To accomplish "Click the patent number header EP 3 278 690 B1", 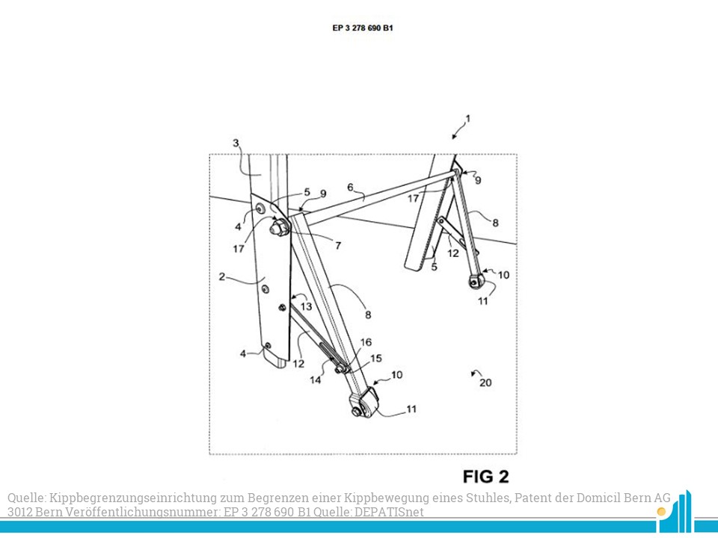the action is click(363, 28).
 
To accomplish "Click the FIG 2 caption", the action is click(486, 477).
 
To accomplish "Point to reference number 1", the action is click(468, 119).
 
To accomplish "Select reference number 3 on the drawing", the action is click(236, 143).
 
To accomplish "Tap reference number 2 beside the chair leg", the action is click(222, 276).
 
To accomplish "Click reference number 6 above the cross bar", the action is click(350, 188).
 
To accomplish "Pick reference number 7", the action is click(338, 246).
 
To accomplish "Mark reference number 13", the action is click(307, 306).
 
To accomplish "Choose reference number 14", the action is click(316, 380).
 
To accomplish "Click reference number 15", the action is click(376, 358).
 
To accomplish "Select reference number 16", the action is click(366, 342).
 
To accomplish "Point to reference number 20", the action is click(485, 383).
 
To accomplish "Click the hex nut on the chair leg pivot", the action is click(279, 226).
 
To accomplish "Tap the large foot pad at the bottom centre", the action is click(364, 402).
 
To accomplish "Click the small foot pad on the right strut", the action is click(476, 280).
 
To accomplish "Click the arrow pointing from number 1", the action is click(456, 132).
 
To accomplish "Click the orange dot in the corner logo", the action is click(660, 511).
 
